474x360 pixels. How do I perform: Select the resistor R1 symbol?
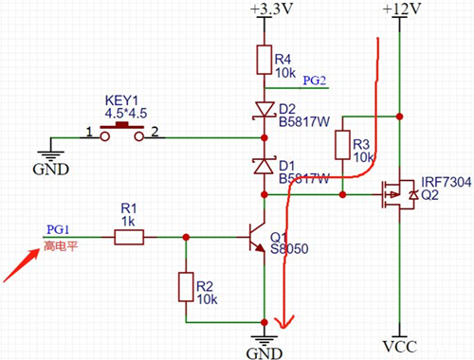(129, 238)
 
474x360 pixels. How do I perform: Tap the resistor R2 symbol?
(185, 286)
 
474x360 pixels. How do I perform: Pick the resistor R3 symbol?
(342, 146)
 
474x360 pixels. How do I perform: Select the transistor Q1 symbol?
(256, 238)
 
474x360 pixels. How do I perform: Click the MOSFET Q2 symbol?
(396, 194)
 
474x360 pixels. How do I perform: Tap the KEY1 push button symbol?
(121, 132)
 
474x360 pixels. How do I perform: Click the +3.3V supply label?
(266, 9)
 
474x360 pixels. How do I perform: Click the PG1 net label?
(58, 229)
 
